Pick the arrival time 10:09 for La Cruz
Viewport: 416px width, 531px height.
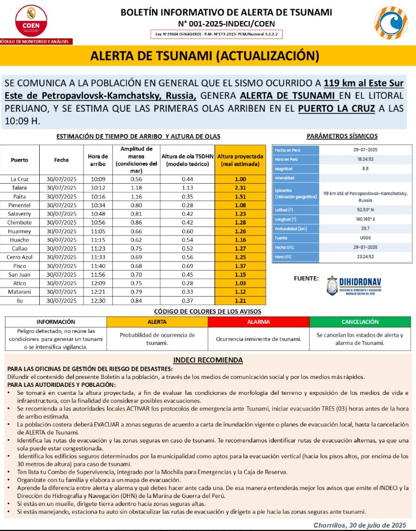click(x=98, y=179)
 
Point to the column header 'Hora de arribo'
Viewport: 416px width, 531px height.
click(x=98, y=160)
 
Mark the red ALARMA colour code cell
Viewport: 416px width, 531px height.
click(x=258, y=322)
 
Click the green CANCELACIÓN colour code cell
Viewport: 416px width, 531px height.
click(x=360, y=322)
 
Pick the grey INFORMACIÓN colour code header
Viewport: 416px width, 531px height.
click(x=56, y=322)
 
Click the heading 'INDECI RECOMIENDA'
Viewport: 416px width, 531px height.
click(x=208, y=360)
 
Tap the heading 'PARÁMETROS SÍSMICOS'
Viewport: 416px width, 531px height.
click(x=342, y=136)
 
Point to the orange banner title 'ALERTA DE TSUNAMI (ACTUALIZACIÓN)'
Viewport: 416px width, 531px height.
click(x=205, y=56)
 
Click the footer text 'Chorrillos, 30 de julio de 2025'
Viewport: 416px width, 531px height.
click(x=360, y=524)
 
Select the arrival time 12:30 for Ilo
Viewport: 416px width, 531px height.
click(x=98, y=300)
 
